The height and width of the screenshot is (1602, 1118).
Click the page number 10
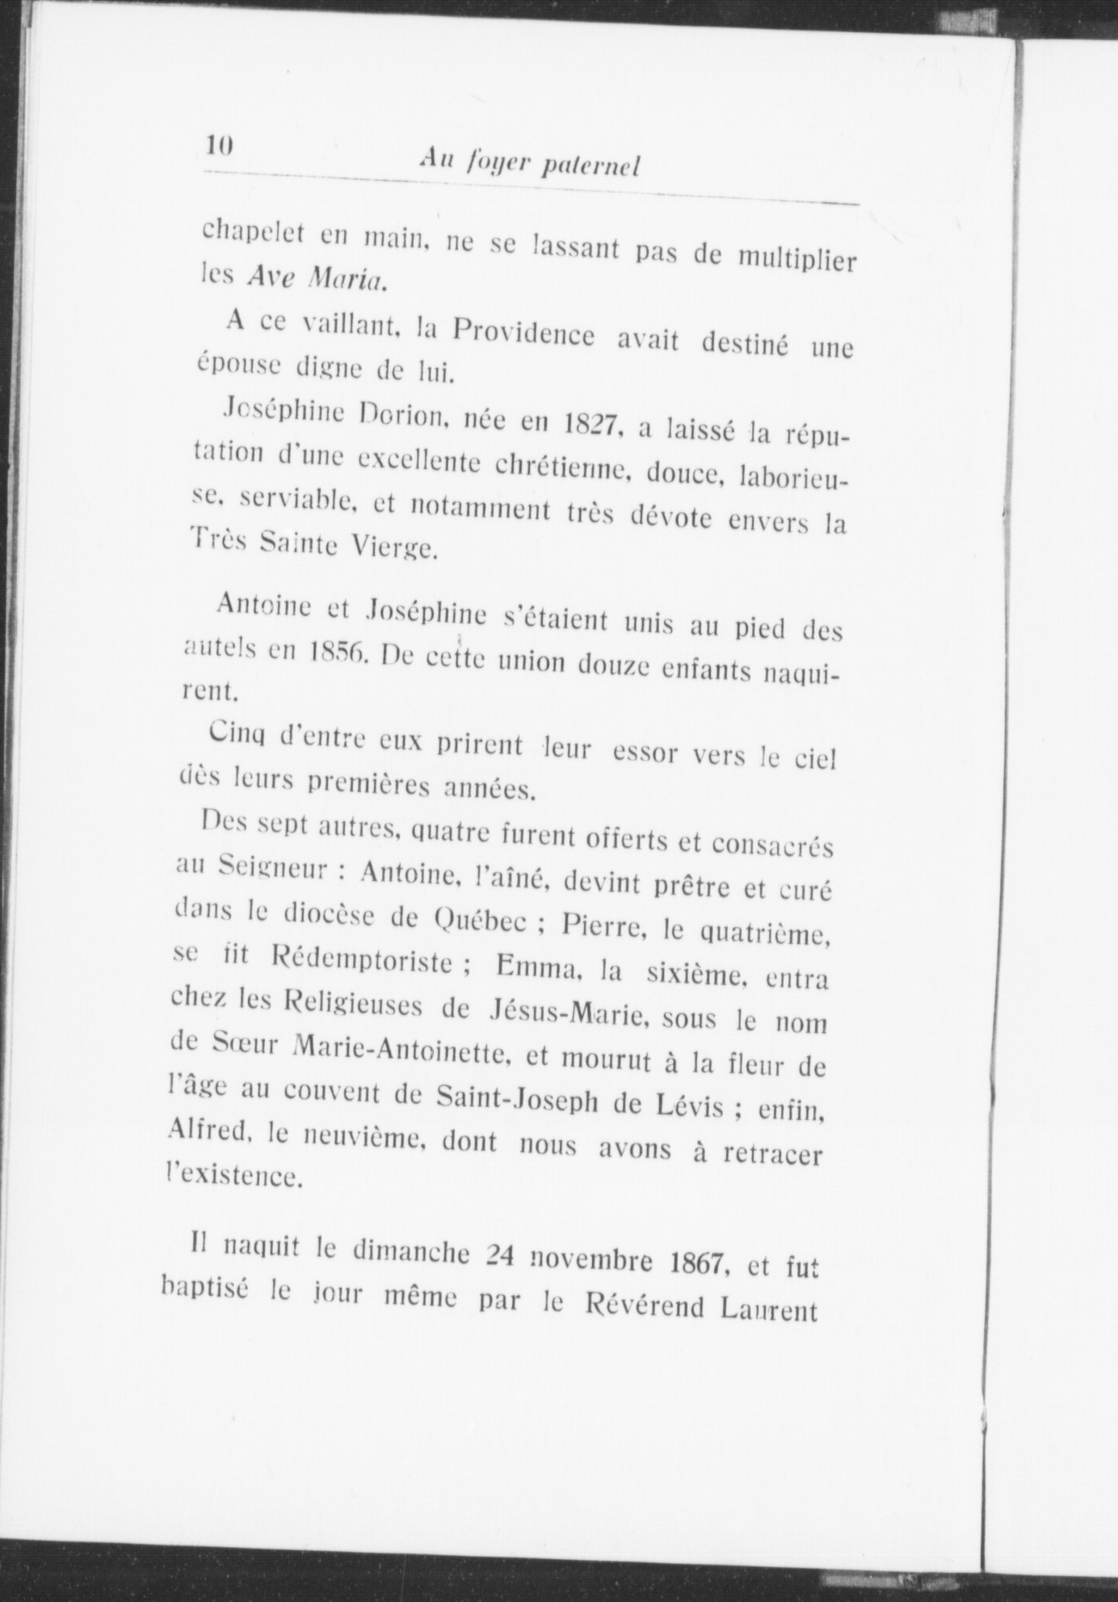point(220,145)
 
